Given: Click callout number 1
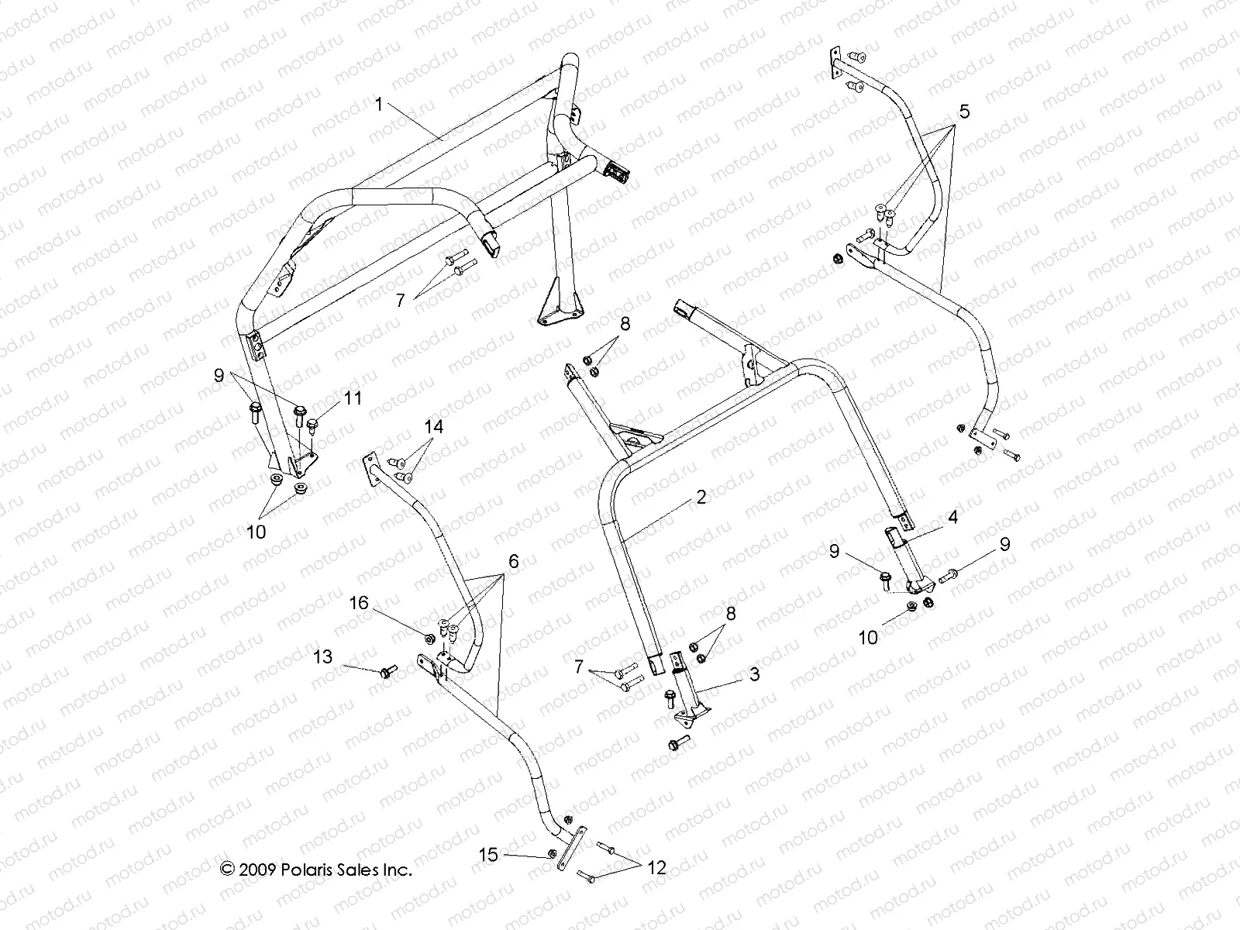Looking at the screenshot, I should (x=379, y=104).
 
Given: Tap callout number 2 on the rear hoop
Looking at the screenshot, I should (x=701, y=497).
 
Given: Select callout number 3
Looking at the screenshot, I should (x=754, y=674).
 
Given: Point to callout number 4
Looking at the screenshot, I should (x=953, y=517).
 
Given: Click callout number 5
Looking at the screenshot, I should (x=964, y=112).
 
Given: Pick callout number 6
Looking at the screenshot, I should (x=513, y=560).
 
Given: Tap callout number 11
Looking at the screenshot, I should (x=353, y=398).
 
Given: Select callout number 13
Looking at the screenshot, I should (x=322, y=657).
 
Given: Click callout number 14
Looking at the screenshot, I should (x=434, y=426).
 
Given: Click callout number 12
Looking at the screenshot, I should (x=656, y=869).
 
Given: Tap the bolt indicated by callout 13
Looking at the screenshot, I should (x=388, y=670).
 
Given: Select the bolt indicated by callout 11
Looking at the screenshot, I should (x=315, y=426).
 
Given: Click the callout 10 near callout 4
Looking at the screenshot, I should (x=869, y=637).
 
